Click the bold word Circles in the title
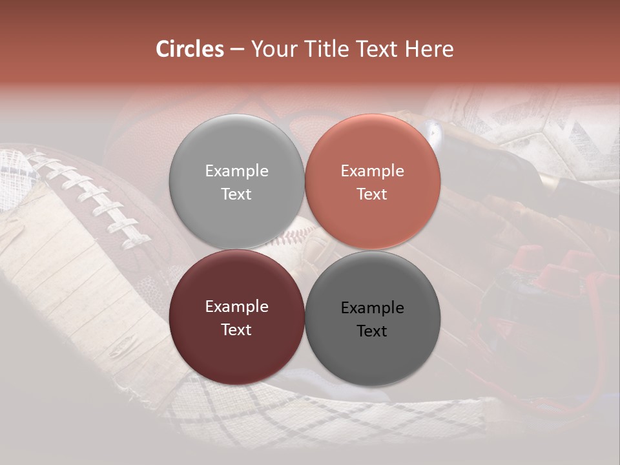coord(190,49)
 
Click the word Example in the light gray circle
coord(236,170)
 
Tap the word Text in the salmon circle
coord(372,194)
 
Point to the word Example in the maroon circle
coord(236,306)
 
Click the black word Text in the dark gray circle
coord(372,331)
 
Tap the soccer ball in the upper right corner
coord(536,129)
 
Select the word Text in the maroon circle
coord(236,329)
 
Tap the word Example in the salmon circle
coord(372,170)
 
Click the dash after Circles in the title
coord(237,49)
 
